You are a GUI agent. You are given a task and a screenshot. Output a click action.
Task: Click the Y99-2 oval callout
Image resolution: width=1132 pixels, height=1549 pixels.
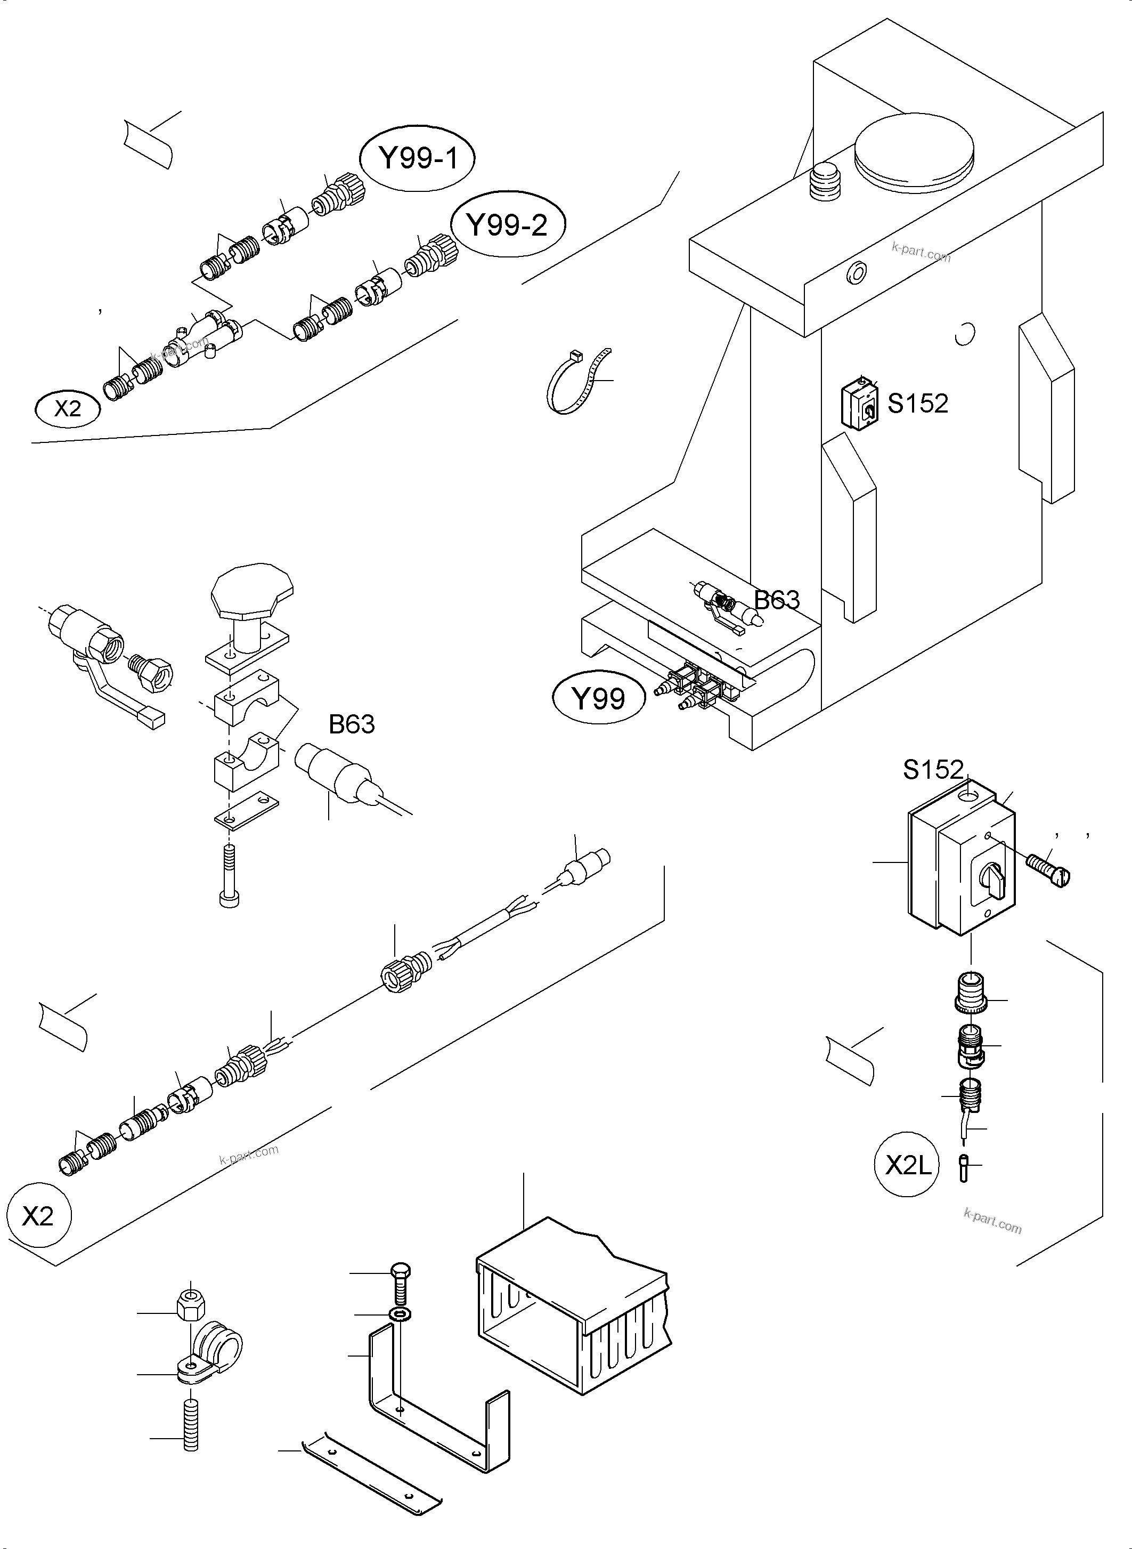coord(507,225)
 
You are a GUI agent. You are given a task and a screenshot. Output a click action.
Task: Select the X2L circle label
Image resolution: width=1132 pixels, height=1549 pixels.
coord(909,1165)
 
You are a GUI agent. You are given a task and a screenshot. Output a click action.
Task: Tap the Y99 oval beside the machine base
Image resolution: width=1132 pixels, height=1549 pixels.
coord(598,699)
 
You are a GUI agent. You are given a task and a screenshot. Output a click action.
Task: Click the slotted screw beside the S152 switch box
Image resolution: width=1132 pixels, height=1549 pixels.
coord(1048,872)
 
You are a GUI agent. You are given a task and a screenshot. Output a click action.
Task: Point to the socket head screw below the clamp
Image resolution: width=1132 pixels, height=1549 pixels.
coord(230,876)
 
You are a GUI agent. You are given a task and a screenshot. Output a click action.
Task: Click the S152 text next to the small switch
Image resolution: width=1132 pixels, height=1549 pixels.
coord(917,403)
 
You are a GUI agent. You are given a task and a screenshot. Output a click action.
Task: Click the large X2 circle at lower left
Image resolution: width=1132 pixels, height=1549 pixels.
coord(38,1216)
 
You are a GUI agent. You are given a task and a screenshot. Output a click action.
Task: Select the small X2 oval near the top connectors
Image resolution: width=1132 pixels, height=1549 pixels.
coord(67,409)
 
